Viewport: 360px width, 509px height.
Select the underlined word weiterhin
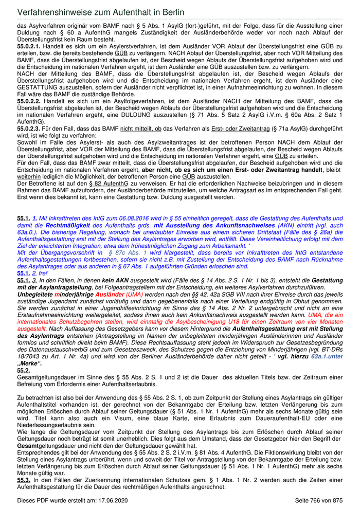pos(29,177)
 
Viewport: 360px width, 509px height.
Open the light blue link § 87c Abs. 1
pos(128,252)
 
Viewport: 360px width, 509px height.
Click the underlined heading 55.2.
pos(23,370)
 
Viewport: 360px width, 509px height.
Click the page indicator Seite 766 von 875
pos(318,500)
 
